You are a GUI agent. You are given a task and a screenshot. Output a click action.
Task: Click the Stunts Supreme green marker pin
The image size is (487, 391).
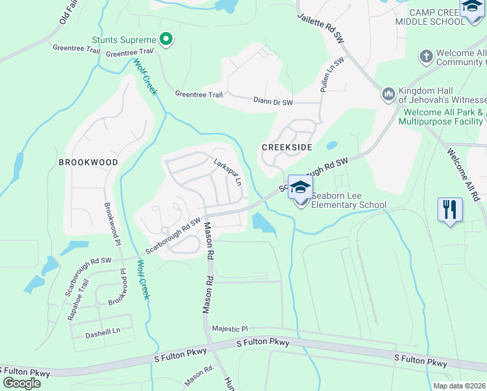click(x=166, y=40)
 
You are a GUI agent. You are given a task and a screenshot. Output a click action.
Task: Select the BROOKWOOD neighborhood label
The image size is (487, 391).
click(x=88, y=162)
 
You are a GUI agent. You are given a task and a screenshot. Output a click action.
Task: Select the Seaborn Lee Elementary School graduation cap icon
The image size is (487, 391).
click(x=299, y=187)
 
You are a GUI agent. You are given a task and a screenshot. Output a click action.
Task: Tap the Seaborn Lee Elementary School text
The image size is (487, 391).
click(x=348, y=200)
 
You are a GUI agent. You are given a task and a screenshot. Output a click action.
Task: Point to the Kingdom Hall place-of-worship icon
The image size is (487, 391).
click(x=389, y=94)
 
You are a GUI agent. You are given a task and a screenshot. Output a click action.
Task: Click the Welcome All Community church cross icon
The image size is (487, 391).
click(x=426, y=57)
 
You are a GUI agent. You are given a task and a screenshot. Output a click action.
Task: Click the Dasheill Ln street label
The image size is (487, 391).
click(x=103, y=331)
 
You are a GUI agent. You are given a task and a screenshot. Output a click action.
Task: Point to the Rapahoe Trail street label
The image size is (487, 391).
click(x=77, y=300)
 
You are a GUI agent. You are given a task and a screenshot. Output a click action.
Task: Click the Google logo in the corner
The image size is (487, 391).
click(x=21, y=383)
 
